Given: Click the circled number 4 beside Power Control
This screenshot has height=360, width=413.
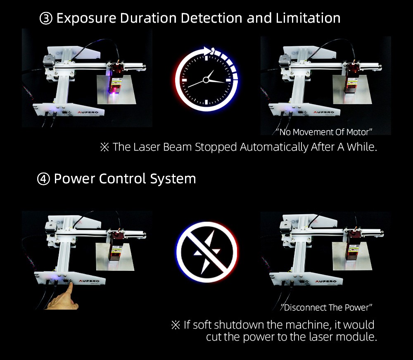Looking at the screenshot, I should tap(43, 180).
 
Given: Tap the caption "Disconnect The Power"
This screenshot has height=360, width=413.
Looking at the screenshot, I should tap(327, 308).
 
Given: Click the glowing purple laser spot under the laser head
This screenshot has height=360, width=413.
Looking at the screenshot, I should tap(113, 95).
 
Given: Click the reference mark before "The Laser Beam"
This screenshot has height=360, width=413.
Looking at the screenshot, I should tap(104, 147).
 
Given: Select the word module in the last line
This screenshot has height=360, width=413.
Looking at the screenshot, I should tap(359, 337).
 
